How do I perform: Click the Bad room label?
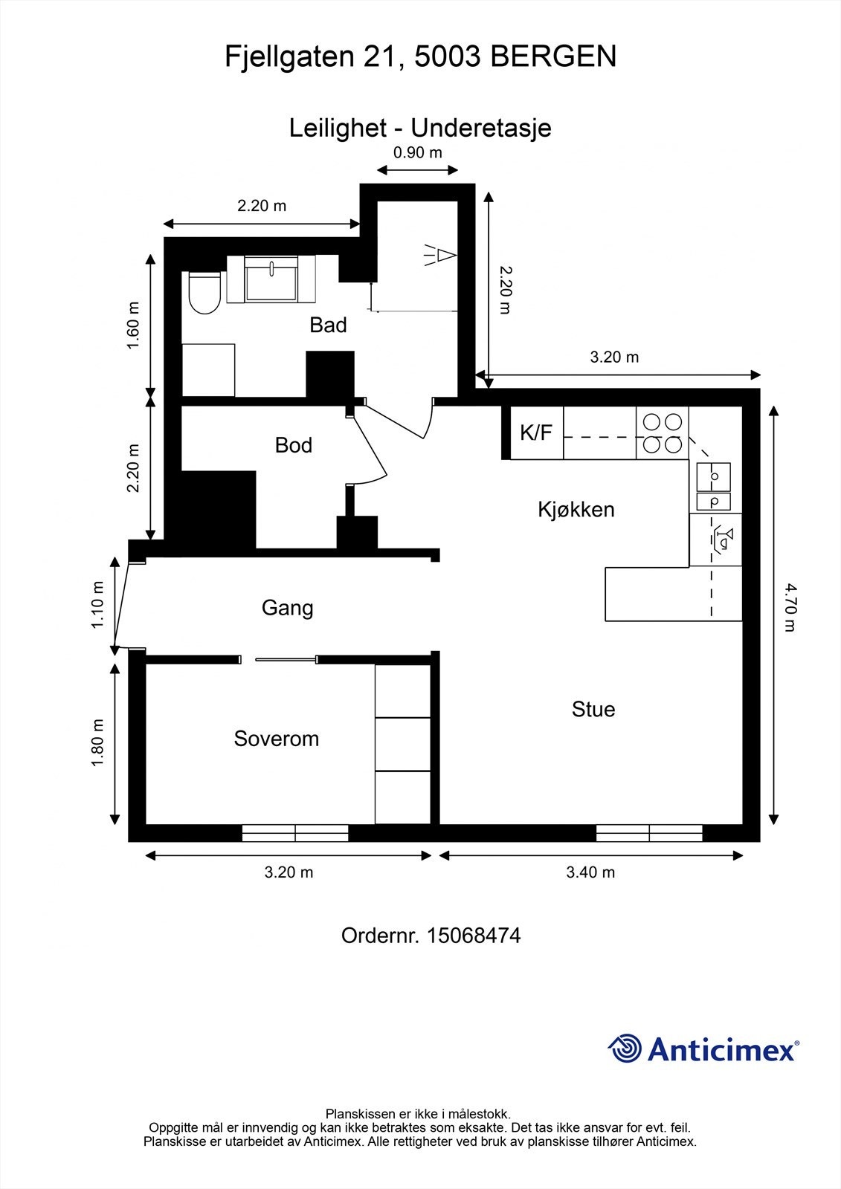click(x=328, y=325)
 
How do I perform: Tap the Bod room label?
click(x=293, y=445)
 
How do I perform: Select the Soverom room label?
click(x=276, y=739)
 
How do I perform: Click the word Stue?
click(x=593, y=709)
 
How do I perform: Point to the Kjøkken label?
click(x=576, y=510)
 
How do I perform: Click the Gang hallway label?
click(x=287, y=608)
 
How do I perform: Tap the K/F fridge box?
click(x=536, y=432)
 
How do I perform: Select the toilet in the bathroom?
click(x=204, y=294)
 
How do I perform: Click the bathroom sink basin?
click(x=271, y=279)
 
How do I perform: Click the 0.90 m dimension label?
click(x=417, y=153)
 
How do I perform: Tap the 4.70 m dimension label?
click(x=790, y=607)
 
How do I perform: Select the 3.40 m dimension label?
click(x=590, y=872)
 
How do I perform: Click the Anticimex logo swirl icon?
click(x=625, y=1049)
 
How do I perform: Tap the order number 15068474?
click(x=473, y=936)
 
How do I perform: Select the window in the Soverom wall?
click(x=295, y=833)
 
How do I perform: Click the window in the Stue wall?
click(x=649, y=833)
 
